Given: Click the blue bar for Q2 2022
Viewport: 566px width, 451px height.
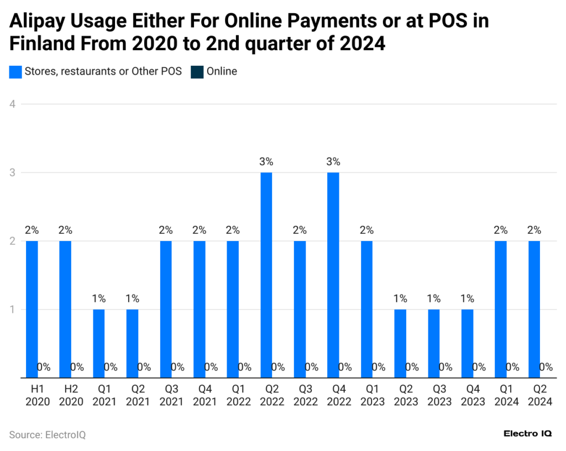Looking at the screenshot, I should click(x=266, y=275).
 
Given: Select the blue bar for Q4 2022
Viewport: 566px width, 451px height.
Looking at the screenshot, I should click(x=333, y=275).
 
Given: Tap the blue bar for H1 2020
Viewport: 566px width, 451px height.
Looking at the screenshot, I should click(x=32, y=309).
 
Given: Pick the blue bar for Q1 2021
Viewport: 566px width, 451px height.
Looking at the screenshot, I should click(x=98, y=343).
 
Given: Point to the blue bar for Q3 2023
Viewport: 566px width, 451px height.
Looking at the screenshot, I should click(x=434, y=343).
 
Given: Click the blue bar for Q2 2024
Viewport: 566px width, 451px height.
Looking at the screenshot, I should click(x=534, y=309).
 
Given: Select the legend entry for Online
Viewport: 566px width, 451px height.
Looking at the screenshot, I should click(x=221, y=71).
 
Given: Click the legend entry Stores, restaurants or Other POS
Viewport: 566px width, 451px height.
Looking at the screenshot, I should click(x=103, y=71).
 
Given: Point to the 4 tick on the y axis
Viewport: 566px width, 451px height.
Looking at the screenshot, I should click(x=12, y=104).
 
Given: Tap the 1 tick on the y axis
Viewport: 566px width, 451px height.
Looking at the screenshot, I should click(x=12, y=310).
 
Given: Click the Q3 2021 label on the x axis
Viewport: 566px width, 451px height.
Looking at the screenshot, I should click(x=171, y=395).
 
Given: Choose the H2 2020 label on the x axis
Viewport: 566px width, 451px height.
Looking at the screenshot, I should click(x=71, y=395).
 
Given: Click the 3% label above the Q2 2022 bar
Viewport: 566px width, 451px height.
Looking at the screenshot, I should click(x=266, y=162).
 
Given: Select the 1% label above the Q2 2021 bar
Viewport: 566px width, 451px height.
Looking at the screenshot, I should click(x=132, y=299).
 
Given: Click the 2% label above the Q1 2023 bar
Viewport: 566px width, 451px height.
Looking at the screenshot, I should click(x=366, y=230).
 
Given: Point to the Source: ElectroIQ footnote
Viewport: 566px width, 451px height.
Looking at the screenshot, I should click(x=48, y=435).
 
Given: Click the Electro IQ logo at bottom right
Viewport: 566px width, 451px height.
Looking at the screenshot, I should click(x=527, y=434).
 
